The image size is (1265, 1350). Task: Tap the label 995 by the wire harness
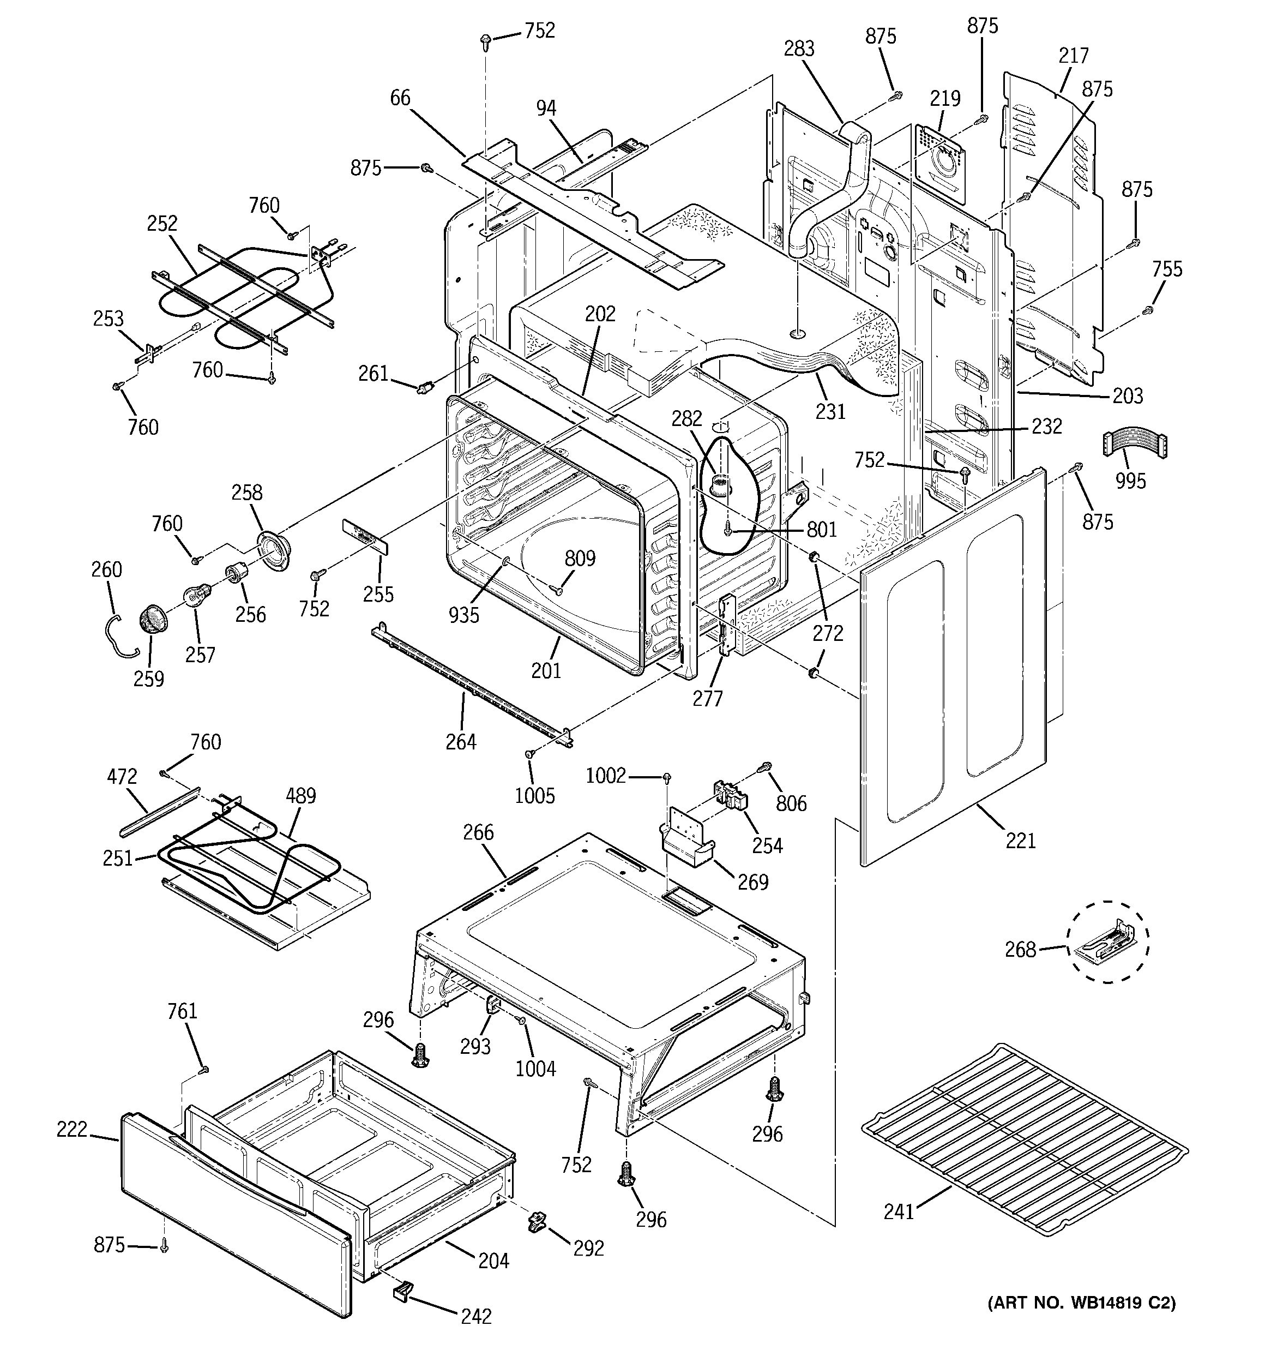(x=1130, y=481)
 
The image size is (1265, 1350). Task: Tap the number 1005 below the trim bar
(x=534, y=795)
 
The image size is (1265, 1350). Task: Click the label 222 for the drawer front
(x=72, y=1129)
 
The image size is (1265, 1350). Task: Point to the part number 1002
(x=606, y=776)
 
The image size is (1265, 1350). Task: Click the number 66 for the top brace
(x=400, y=98)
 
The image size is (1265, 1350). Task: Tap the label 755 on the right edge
(x=1166, y=269)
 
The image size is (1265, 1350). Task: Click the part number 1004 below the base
(x=535, y=1068)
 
